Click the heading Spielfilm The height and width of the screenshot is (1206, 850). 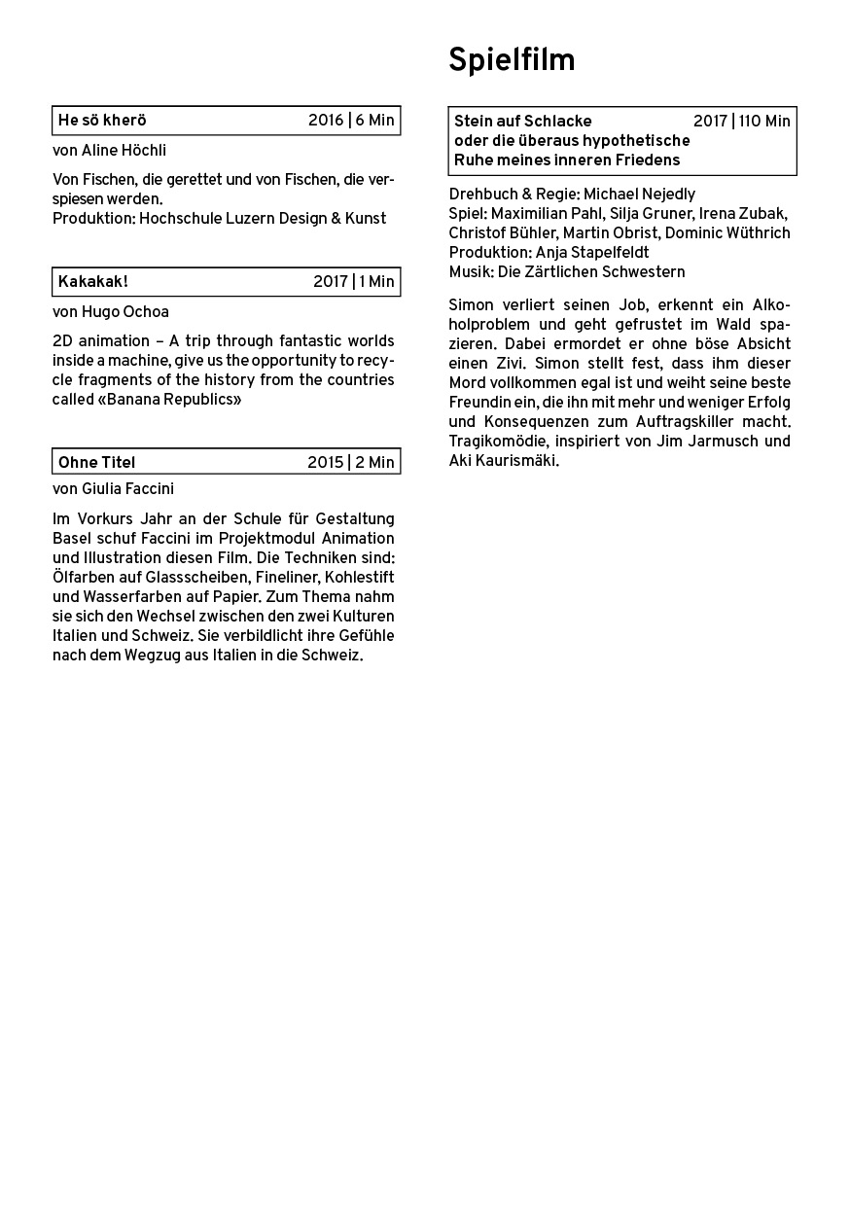pos(512,61)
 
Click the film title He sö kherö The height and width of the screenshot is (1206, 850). pos(102,121)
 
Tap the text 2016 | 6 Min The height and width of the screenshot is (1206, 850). pos(351,121)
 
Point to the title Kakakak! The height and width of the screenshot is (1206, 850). pos(93,282)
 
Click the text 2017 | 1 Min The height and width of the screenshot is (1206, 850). pos(354,282)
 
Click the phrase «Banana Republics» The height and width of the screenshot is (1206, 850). pos(169,400)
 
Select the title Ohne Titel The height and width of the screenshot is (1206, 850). pos(96,462)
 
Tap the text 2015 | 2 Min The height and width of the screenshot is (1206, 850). pos(351,462)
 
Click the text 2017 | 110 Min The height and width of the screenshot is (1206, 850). pos(742,122)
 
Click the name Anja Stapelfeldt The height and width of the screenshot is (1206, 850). pos(591,253)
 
